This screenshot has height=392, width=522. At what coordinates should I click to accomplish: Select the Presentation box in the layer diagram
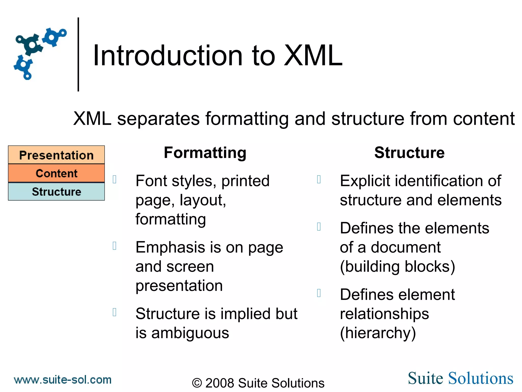coord(56,155)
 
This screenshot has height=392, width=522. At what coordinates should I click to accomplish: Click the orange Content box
coord(56,173)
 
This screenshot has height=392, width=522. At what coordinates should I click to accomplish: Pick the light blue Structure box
coord(56,192)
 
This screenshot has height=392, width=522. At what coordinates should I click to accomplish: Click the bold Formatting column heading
coord(205,153)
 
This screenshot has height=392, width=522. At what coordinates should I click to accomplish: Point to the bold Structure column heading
coord(409,153)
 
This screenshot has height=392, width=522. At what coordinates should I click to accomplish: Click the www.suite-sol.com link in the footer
coord(63,380)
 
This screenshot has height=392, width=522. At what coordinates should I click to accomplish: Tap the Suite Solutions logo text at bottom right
coord(460,378)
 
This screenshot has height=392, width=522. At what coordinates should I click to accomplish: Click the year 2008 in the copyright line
coord(220,383)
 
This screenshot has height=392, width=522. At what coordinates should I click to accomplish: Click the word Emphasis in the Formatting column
coord(170,247)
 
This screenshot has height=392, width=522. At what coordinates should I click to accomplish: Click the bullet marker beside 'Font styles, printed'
coord(115,179)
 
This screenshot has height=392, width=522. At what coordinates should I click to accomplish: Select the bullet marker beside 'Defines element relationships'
coord(319,293)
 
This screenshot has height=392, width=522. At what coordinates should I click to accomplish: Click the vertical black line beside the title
coord(78,54)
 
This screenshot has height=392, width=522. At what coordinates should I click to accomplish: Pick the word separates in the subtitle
coord(158,119)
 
